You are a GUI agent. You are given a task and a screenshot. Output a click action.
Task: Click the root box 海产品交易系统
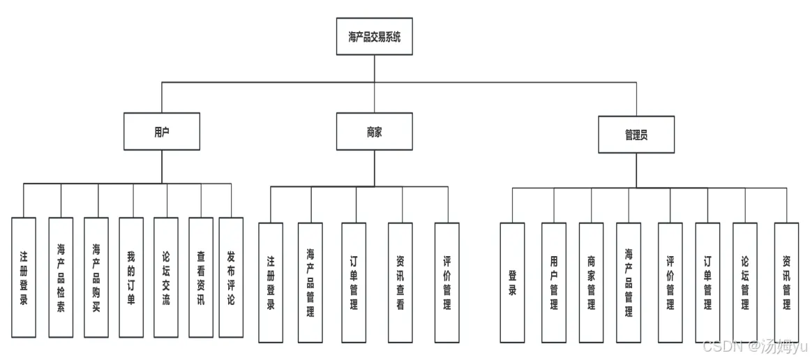(x=374, y=36)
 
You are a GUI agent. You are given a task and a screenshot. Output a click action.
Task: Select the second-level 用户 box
(x=161, y=131)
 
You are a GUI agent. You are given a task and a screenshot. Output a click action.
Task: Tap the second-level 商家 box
(x=374, y=131)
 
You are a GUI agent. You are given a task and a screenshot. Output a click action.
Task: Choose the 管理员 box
(x=636, y=135)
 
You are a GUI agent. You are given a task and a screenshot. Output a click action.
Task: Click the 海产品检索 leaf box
(x=61, y=278)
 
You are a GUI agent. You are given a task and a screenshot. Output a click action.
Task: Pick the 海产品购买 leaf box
(x=96, y=278)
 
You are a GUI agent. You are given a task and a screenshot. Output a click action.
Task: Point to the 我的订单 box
(x=131, y=278)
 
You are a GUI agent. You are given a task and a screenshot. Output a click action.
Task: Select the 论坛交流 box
(x=166, y=278)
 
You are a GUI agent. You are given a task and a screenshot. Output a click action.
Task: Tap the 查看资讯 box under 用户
(x=201, y=278)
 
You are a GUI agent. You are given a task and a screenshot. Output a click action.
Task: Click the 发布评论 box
(x=231, y=278)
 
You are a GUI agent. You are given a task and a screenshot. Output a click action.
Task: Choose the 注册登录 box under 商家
(x=271, y=283)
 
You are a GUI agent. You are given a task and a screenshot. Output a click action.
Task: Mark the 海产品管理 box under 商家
(x=310, y=283)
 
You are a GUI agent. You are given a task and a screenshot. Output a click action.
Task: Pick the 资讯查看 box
(x=400, y=283)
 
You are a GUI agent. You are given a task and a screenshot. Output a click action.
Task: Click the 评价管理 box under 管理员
(x=670, y=283)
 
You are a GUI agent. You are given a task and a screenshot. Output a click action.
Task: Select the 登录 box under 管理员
(x=512, y=283)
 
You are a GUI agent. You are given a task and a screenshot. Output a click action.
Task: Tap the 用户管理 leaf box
(x=554, y=283)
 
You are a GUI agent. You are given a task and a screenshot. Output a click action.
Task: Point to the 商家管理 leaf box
(x=592, y=283)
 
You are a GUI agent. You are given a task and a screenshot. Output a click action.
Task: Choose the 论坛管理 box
(x=745, y=283)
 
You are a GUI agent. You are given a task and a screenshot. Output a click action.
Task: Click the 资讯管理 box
(x=786, y=283)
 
